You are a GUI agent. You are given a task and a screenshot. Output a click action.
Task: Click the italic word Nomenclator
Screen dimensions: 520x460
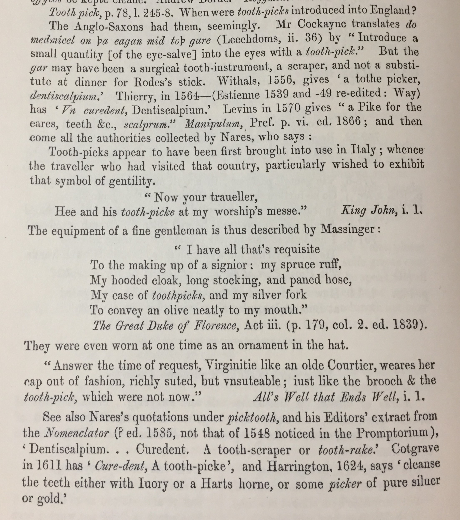[x=77, y=433]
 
